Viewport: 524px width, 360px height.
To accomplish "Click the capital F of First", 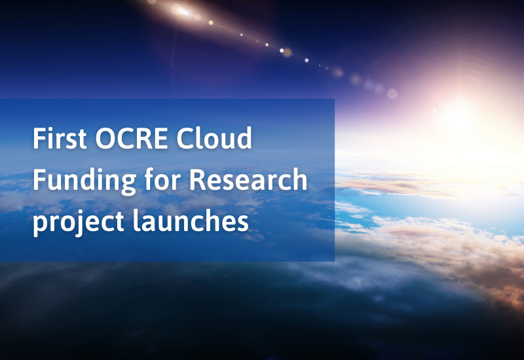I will coord(39,139).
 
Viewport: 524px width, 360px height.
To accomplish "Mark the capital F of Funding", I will coord(39,180).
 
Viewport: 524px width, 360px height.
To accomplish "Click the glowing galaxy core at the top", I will coord(182,10).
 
